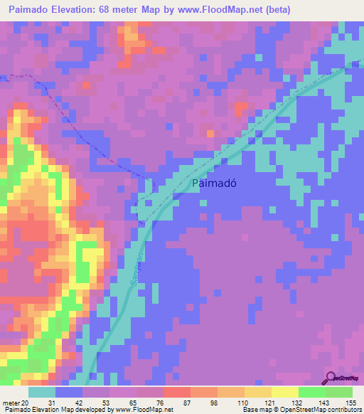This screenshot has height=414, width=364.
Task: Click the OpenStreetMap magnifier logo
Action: coord(331,378)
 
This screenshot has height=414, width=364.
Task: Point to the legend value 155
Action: coord(352,403)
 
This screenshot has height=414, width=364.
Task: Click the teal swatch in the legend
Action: coord(41,392)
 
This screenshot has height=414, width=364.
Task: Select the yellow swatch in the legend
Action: coord(285,392)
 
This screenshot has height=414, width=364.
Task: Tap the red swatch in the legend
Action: coord(177,392)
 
